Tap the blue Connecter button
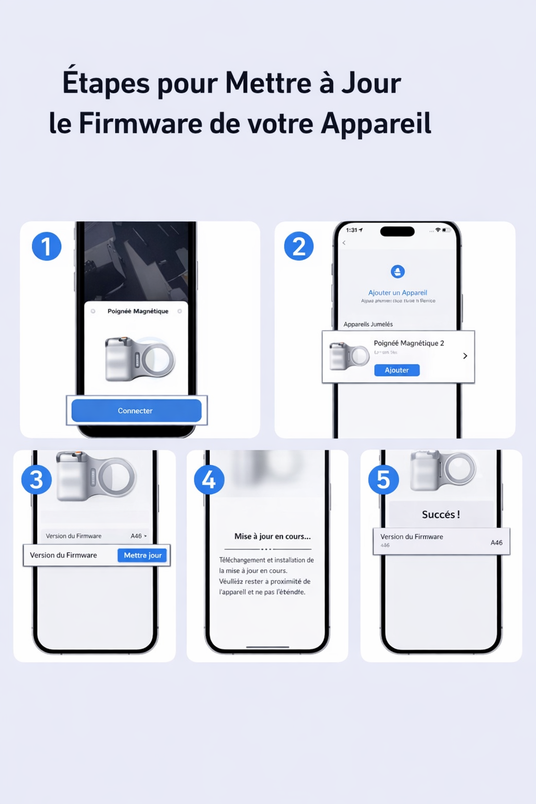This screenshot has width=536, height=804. pos(136,411)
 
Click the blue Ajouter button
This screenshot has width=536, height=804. pos(397,370)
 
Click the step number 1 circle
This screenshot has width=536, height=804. pos(47,247)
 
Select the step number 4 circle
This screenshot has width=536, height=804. pos(209,479)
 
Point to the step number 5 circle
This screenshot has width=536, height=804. pos(383,479)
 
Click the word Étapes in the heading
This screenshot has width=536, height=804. pos(106,83)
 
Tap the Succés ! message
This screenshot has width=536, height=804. pos(441,515)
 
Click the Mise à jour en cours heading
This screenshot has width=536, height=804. pos(272,536)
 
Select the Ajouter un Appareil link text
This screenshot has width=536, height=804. pos(397,293)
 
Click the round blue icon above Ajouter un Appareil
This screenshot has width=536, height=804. pos(398,272)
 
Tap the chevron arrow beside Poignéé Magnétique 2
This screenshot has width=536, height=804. pos(465,356)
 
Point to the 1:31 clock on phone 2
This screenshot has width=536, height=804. pos(352,230)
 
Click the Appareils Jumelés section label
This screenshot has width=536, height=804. pos(368,324)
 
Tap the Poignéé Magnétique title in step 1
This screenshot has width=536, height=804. pos(138,311)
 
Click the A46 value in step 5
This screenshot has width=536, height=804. pos(496,542)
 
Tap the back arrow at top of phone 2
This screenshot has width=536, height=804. pos(344,243)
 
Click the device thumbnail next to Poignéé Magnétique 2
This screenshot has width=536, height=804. pos(349,356)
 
